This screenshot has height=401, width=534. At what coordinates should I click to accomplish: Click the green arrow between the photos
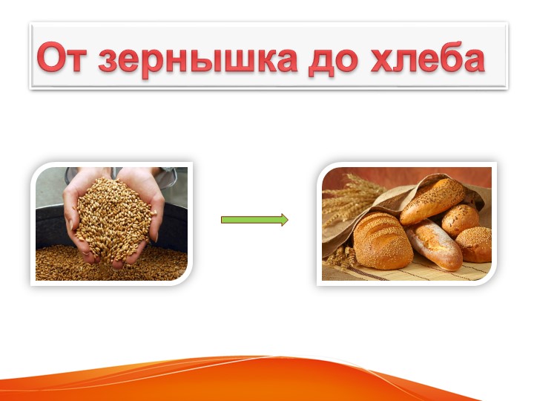252,220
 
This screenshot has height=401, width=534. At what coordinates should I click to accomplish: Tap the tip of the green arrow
286,220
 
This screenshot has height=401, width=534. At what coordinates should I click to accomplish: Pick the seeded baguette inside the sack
432,199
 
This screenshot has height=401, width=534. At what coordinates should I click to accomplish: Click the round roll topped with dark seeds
461,218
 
